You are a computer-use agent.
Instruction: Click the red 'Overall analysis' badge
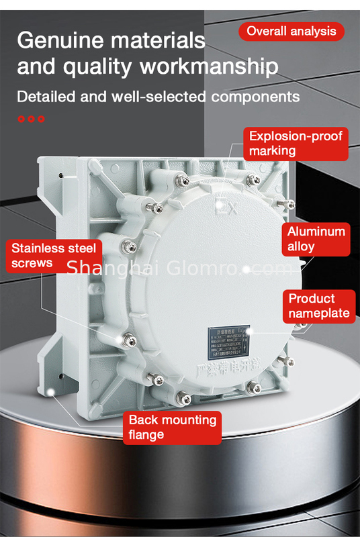(x=291, y=31)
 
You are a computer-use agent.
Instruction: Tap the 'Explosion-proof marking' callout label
(x=296, y=144)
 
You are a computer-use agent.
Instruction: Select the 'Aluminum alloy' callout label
(x=316, y=239)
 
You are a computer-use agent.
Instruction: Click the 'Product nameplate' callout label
(x=319, y=305)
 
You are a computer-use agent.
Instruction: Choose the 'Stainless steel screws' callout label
(x=54, y=255)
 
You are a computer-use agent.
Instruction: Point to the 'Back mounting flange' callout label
(x=173, y=427)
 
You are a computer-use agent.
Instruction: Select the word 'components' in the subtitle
(x=256, y=97)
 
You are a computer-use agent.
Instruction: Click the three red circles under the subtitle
(x=31, y=119)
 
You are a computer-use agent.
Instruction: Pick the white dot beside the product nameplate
(x=249, y=331)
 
